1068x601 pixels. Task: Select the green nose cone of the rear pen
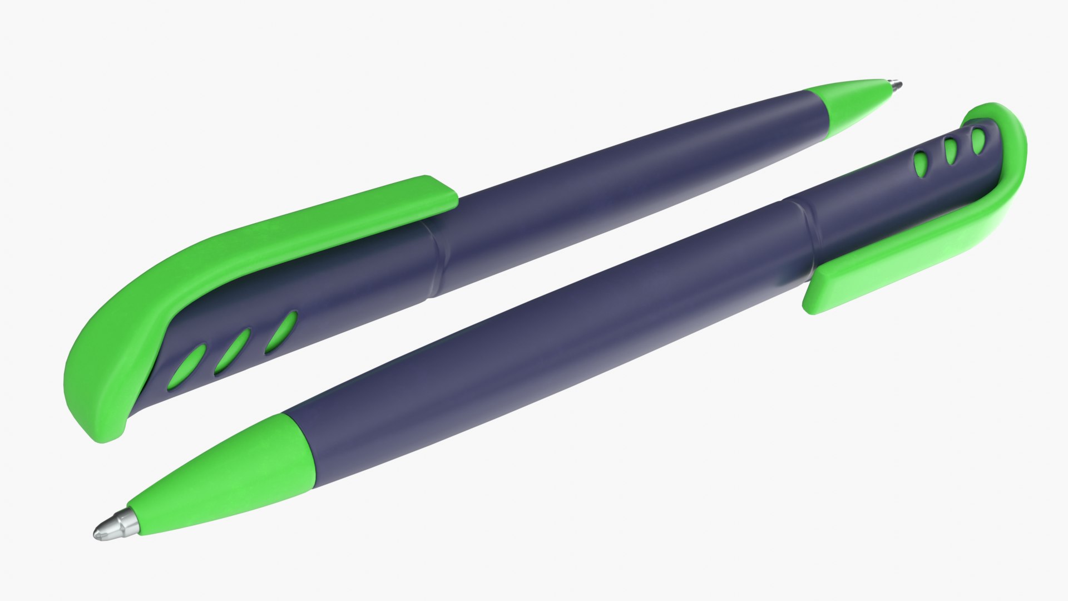click(x=851, y=106)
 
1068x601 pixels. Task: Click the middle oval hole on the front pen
click(x=950, y=151)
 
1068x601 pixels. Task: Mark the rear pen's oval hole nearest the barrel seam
click(x=281, y=332)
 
